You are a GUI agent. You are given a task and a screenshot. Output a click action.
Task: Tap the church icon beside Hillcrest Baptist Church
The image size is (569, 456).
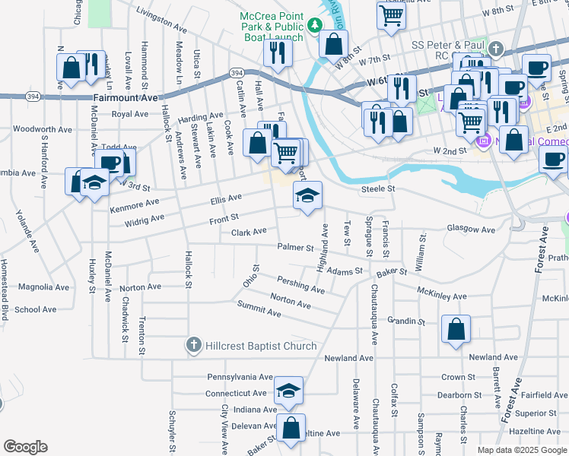(x=194, y=347)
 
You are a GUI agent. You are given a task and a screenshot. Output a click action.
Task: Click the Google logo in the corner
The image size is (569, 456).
(x=25, y=447)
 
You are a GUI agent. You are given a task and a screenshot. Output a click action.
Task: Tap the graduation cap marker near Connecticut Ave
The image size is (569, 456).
(x=288, y=391)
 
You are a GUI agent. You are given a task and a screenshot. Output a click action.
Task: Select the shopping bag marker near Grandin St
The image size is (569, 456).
(x=456, y=329)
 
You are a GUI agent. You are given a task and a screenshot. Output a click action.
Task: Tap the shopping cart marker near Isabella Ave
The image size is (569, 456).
(x=390, y=14)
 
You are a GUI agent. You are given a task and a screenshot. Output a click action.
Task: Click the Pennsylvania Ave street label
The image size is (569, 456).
(x=240, y=377)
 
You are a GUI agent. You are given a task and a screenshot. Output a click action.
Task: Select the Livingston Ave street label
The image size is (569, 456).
(x=161, y=19)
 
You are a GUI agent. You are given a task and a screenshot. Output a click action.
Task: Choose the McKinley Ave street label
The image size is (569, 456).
(x=442, y=293)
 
